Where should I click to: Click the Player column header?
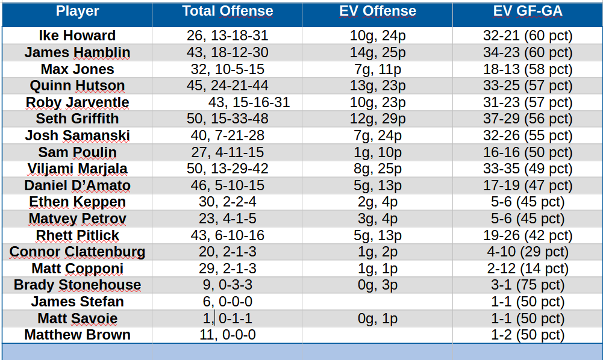pos(77,11)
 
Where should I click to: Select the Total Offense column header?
pos(227,11)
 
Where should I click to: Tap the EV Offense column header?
pos(378,11)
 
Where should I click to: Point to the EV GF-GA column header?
pos(528,11)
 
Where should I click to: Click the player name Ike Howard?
pos(77,36)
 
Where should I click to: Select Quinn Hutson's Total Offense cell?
pos(227,85)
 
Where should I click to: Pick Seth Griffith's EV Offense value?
pos(378,119)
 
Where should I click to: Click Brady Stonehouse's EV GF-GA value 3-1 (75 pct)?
pos(528,285)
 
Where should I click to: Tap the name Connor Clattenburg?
pos(77,252)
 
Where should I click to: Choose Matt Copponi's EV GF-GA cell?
pos(528,268)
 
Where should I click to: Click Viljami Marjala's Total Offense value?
pos(227,169)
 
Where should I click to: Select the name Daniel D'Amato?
pos(77,185)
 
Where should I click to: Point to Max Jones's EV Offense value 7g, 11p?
pos(378,69)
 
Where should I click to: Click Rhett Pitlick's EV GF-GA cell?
pos(528,235)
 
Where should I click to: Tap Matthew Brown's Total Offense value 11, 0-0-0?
pos(227,335)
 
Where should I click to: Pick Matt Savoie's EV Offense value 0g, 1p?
pos(378,318)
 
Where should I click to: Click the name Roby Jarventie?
pos(77,102)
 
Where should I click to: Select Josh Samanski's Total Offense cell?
pos(227,135)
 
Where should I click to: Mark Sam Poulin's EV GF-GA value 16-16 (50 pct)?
pos(528,152)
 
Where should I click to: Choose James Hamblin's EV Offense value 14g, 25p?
pos(378,52)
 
